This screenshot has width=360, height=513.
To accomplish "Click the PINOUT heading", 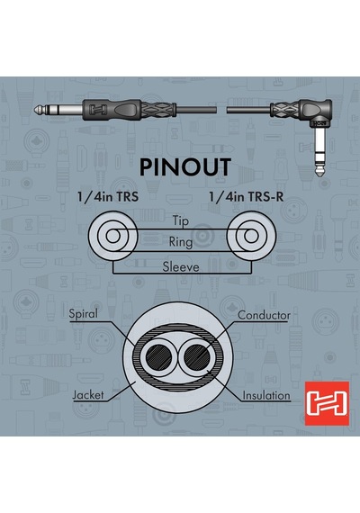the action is click(185, 167).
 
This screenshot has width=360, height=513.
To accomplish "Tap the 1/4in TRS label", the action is click(108, 197).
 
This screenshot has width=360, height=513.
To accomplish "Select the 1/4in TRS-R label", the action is click(246, 197).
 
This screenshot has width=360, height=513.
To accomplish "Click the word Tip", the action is click(181, 220).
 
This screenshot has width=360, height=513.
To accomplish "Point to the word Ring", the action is click(181, 242).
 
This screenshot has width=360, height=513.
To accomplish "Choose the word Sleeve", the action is click(181, 267).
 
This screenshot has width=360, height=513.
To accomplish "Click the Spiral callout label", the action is click(83, 314).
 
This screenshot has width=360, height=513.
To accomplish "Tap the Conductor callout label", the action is click(264, 315).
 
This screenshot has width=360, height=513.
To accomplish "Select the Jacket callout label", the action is click(87, 394).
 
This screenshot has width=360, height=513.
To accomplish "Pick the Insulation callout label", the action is click(266, 395).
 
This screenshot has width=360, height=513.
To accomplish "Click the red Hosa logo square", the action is click(327, 403).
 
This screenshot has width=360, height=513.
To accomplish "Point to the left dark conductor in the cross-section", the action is click(159, 356).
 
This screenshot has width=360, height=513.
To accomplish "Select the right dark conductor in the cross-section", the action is click(197, 356).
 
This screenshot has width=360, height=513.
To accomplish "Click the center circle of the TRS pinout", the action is click(112, 236).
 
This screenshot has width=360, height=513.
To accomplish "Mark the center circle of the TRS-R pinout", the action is click(251, 236).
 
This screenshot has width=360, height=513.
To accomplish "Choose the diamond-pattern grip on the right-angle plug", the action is click(284, 109).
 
